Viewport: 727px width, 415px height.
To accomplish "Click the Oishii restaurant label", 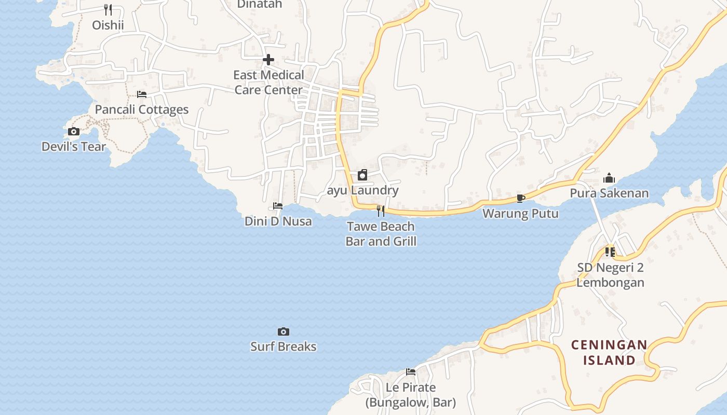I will (x=108, y=25).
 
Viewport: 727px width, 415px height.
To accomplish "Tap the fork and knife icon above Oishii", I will (x=108, y=9).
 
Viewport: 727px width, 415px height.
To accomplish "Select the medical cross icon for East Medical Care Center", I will (x=268, y=60).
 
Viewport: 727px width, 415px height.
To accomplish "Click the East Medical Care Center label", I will (x=268, y=82).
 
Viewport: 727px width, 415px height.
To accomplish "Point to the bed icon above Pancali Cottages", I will (x=142, y=94).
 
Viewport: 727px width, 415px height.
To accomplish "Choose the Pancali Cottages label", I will (x=142, y=109).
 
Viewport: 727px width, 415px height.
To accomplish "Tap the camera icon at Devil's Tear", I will (x=74, y=132).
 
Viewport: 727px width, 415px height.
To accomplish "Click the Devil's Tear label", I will (x=74, y=147).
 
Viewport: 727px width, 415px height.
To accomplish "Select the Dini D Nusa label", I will (x=278, y=222).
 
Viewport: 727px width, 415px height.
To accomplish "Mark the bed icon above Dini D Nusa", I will (x=278, y=206).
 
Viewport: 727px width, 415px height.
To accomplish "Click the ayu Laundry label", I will (x=363, y=190).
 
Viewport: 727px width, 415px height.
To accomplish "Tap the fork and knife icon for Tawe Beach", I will (x=381, y=211).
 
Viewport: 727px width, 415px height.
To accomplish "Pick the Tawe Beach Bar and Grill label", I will (x=381, y=234).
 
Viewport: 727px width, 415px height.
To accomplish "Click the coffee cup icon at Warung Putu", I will (x=521, y=198).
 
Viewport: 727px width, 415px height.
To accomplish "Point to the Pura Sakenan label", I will (x=609, y=193).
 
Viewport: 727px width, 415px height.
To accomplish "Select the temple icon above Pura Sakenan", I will (x=609, y=178).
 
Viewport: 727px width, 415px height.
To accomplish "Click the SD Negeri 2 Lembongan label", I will (x=610, y=275).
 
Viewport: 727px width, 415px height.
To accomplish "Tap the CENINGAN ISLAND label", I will (x=609, y=352).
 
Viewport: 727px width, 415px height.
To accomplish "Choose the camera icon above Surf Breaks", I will (x=284, y=331).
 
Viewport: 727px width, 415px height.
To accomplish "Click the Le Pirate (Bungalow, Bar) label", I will (x=411, y=395).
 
